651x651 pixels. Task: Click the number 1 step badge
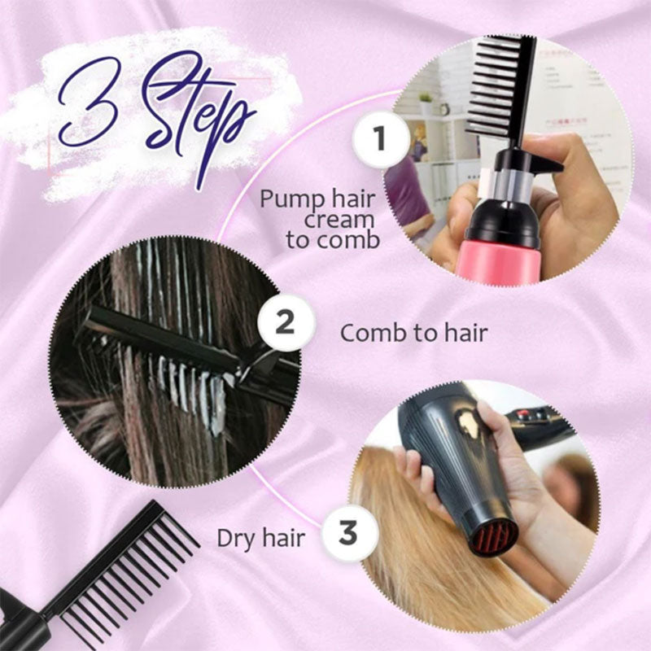coord(379,139)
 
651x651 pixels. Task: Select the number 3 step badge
coord(348,535)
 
